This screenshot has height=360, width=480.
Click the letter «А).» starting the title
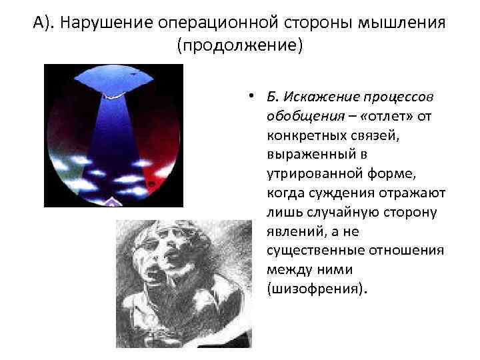pyautogui.click(x=45, y=24)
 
